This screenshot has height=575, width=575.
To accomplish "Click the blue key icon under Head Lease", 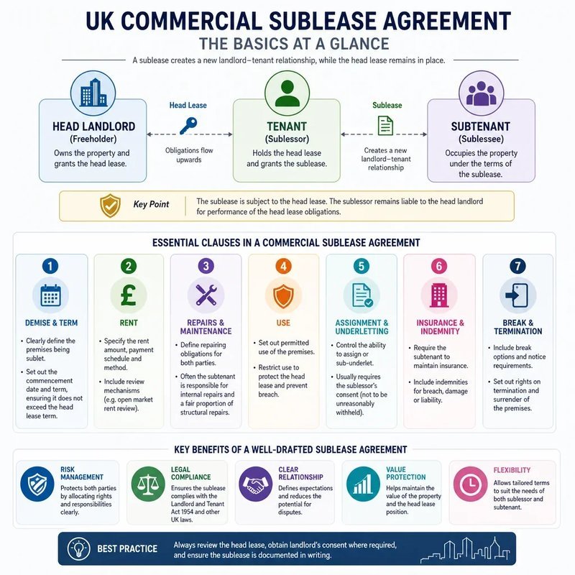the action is (188, 126).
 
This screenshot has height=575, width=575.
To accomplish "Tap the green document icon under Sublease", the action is (385, 126).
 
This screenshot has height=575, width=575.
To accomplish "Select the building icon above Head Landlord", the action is (93, 93).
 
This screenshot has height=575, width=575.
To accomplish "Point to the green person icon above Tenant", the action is (287, 93).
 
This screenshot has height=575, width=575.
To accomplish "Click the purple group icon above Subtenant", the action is (481, 93).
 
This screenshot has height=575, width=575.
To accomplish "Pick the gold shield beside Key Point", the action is (111, 206).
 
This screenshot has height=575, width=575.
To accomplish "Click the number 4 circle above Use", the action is (283, 266).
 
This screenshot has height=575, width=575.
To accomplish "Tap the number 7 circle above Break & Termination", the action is (517, 266).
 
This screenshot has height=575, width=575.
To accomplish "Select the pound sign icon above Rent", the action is (129, 295).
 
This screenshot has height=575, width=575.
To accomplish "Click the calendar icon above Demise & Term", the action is (50, 295).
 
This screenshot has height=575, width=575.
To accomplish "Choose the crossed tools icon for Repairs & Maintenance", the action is (206, 295).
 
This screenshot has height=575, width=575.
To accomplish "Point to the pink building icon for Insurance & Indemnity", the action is (439, 295).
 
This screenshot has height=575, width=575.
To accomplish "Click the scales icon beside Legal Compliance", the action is (148, 484).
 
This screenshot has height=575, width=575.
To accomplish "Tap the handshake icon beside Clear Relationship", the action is (256, 484).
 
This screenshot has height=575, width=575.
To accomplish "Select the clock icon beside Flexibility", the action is (470, 484).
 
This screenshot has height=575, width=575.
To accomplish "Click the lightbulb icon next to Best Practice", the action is (79, 548).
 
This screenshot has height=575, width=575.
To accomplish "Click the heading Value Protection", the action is (405, 473).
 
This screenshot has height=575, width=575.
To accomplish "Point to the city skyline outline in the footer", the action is (465, 549).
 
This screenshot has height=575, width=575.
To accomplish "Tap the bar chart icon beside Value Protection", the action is (363, 484).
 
